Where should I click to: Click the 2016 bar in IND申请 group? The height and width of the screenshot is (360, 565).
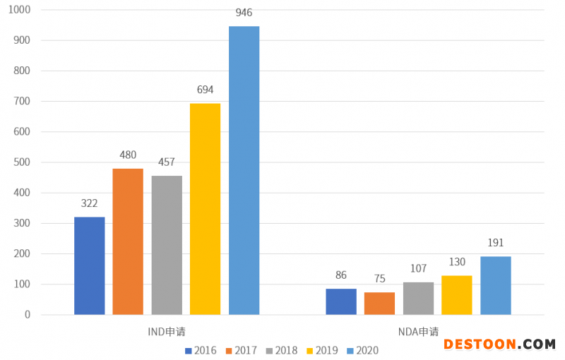pos(90,265)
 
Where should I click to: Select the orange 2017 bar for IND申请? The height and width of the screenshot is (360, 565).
pos(128,241)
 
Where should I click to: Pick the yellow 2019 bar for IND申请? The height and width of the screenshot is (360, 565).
pos(205,209)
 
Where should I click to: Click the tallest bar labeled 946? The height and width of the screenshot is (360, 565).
pos(244,170)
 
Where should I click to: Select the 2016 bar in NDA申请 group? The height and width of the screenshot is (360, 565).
pos(341,301)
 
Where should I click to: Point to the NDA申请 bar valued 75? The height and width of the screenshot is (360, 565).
pos(380,303)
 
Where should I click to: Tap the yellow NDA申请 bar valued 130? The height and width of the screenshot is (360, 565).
pos(457,294)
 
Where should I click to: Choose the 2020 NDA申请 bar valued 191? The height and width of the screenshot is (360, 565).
pos(496,285)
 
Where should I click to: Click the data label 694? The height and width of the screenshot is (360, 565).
pos(205,90)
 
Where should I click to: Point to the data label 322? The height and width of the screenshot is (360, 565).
pos(89,203)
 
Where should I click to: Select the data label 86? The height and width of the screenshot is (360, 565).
pos(341,275)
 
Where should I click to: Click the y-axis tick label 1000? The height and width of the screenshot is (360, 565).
pos(18,11)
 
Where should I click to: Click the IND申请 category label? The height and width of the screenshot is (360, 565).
pos(167,331)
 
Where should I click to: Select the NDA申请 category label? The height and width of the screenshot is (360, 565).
pos(418,331)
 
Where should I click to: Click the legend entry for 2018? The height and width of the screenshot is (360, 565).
pos(282,350)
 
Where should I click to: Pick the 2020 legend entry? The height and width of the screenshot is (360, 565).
pos(362,350)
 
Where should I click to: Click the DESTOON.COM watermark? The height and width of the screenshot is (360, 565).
pos(499,344)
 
